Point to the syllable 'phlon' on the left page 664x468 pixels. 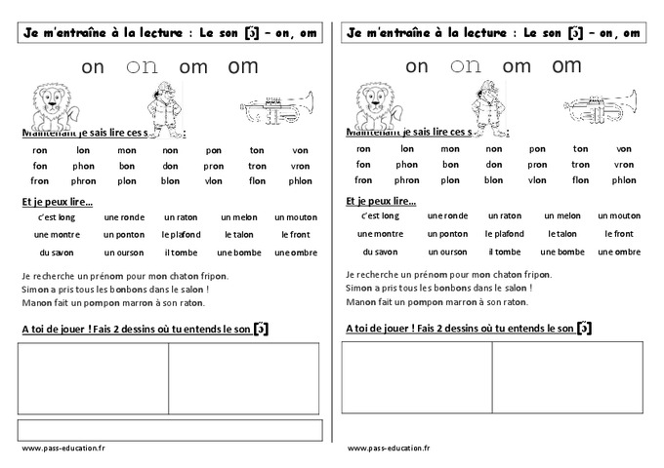point(300,180)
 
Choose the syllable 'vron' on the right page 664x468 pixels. point(624,165)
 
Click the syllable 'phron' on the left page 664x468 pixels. point(83,180)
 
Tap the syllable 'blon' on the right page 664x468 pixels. point(494,180)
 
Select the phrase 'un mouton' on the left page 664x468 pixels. point(296,217)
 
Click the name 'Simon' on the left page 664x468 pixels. point(34,290)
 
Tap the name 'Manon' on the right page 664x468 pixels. point(360,302)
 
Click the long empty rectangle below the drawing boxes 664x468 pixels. point(170,429)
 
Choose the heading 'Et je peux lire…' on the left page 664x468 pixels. point(56,201)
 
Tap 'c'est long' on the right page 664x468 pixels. point(381,215)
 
